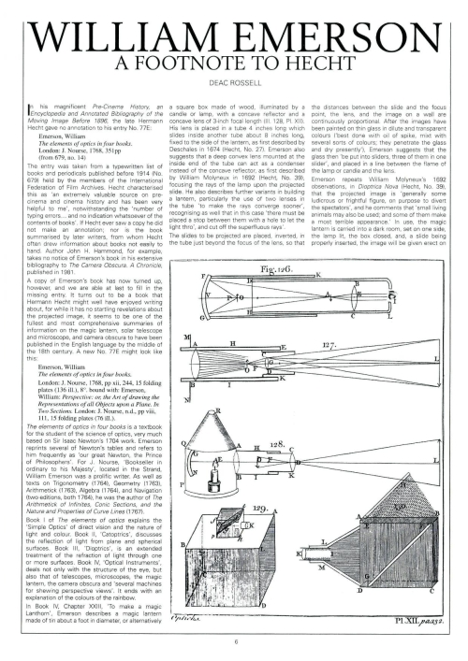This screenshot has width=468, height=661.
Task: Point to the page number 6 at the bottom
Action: click(x=234, y=640)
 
